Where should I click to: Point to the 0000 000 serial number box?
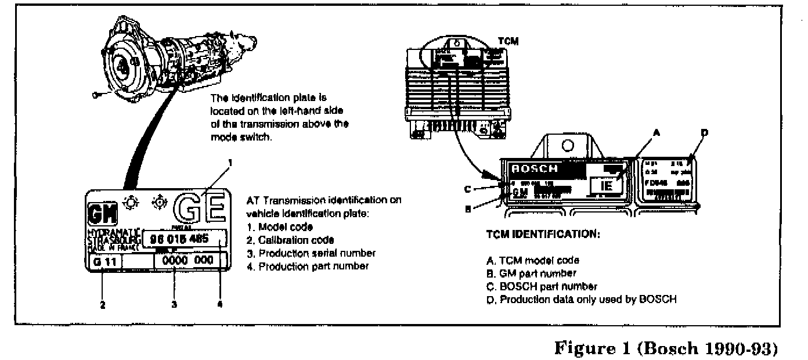tap(189, 261)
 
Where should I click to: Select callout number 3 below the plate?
tap(175, 304)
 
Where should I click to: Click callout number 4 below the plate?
tap(220, 304)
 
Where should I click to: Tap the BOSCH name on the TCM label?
tap(535, 169)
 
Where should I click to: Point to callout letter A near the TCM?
tap(656, 132)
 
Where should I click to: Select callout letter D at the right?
tap(705, 133)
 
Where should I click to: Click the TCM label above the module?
tap(508, 41)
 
